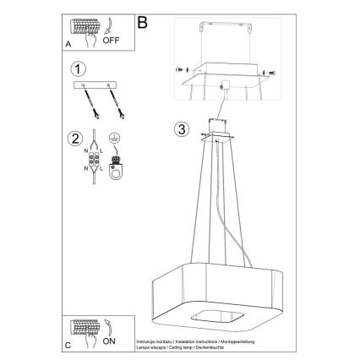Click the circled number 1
point(78,68)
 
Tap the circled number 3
point(180,129)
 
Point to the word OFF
point(111,40)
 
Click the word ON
point(111,343)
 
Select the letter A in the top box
point(68,41)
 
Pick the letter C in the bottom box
point(68,345)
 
